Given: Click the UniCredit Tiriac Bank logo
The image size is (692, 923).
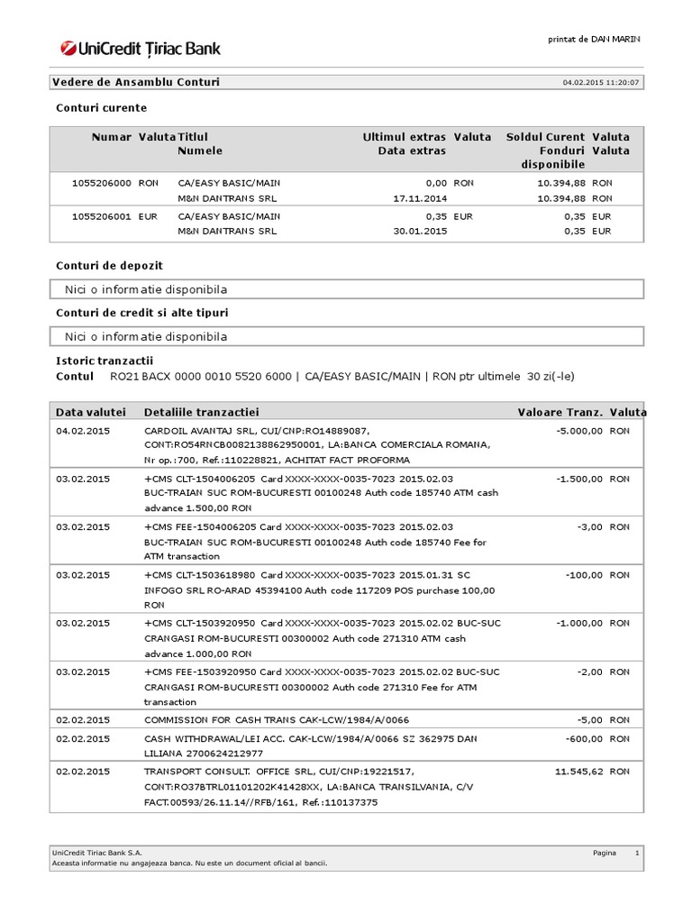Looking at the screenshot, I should (x=140, y=49).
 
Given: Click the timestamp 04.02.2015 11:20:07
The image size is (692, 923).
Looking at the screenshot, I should (x=601, y=83).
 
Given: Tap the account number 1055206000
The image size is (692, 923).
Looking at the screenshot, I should (x=102, y=183).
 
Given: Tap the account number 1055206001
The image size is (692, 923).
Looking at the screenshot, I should (x=102, y=216).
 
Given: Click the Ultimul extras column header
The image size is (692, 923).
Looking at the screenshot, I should (x=404, y=137).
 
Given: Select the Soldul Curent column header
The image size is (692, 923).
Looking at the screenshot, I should (x=545, y=137).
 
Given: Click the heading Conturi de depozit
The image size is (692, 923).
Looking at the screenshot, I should (x=109, y=266).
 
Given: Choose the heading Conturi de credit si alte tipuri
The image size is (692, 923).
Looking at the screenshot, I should (x=141, y=313).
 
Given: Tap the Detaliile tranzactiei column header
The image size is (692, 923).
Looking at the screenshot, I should (x=201, y=412).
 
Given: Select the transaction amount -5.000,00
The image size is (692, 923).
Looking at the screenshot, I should (x=578, y=431).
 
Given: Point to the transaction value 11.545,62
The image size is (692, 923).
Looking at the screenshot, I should (x=576, y=772).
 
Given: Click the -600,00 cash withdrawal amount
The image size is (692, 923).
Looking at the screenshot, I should (x=584, y=739).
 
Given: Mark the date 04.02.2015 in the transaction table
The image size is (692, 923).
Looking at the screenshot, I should (x=83, y=431).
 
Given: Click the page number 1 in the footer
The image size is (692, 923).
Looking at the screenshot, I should (x=636, y=852).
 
